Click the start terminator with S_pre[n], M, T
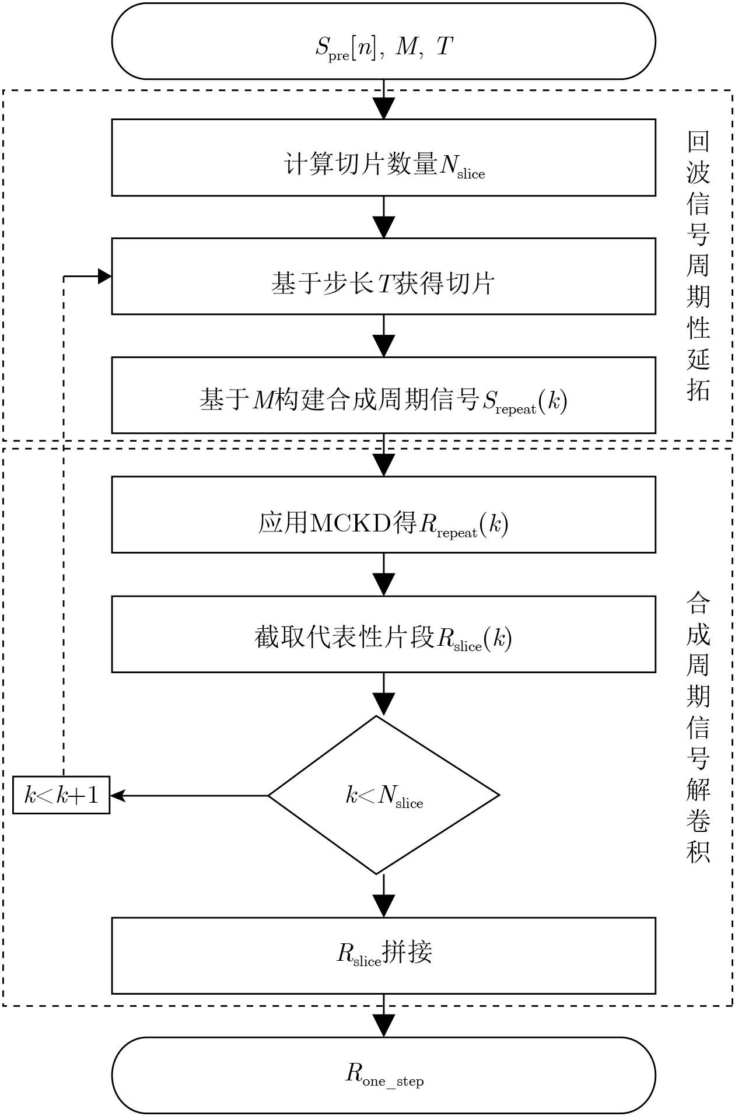[383, 41]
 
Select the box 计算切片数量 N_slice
[383, 158]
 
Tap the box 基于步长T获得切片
[383, 276]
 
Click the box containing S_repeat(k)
[383, 395]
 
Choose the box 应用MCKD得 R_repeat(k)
[383, 515]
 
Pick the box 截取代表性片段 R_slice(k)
[383, 634]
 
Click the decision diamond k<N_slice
[383, 795]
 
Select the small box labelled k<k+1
[61, 795]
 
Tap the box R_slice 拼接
[383, 956]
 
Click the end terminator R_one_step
[383, 1075]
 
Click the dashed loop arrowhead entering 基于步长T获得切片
[105, 276]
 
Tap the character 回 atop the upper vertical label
[698, 141]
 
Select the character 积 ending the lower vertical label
[698, 852]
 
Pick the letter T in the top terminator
[444, 46]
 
